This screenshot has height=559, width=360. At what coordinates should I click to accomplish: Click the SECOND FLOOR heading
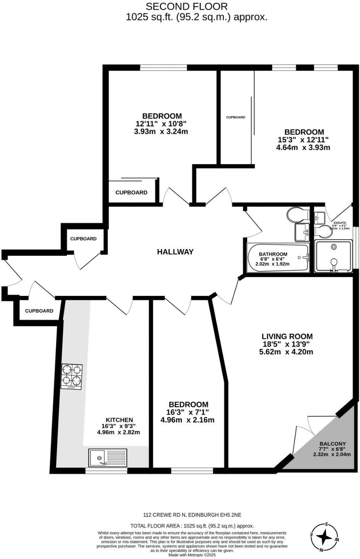coord(186,6)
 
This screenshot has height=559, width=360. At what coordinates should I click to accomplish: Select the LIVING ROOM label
coord(287,336)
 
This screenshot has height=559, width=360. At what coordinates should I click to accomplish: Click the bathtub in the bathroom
coord(277,258)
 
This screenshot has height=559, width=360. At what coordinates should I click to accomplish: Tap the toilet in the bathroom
coord(298,214)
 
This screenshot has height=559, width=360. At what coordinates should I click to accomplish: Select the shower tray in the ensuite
coord(333,256)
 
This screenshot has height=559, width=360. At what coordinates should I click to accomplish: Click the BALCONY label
coord(332,443)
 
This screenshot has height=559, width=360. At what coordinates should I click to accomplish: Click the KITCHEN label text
coord(119,420)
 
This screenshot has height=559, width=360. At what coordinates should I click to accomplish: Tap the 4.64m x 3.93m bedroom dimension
coord(303,147)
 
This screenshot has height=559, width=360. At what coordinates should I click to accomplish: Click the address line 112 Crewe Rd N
coord(192,515)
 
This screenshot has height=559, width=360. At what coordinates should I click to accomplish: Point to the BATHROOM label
coord(273,254)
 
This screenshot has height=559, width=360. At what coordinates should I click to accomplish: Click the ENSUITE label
coord(340,223)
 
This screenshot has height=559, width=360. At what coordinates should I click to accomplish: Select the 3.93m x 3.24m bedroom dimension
coord(161,131)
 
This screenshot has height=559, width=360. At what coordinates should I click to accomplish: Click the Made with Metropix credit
coord(192,555)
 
